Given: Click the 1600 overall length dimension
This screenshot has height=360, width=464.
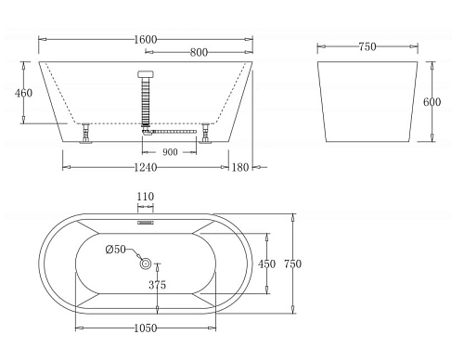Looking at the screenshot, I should [146, 39].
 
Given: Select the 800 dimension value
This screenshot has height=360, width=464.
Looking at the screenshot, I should [199, 53].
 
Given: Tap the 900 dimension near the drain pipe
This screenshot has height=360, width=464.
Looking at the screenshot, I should [171, 151].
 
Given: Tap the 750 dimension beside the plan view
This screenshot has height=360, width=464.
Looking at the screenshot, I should [293, 264].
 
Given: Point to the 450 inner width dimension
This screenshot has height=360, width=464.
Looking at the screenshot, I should [266, 264].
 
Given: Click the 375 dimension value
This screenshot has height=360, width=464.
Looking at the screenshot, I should [158, 286].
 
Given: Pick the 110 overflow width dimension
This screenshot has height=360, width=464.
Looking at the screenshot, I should [146, 197].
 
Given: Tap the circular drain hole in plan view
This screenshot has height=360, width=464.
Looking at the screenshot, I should [147, 264].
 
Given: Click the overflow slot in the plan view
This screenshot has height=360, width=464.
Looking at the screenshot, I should [146, 222].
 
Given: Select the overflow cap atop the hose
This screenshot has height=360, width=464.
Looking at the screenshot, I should [146, 74].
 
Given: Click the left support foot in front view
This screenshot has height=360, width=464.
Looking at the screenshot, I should [85, 134].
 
